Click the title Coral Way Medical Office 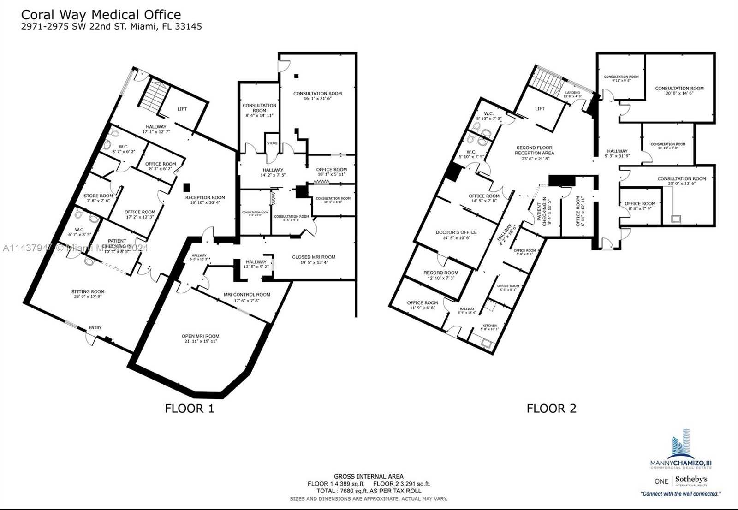101,14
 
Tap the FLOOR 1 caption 190,408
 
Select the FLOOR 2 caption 551,408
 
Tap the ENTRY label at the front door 95,327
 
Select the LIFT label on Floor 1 182,109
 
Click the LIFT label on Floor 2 540,109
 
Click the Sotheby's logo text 691,480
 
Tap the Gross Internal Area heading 369,476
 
